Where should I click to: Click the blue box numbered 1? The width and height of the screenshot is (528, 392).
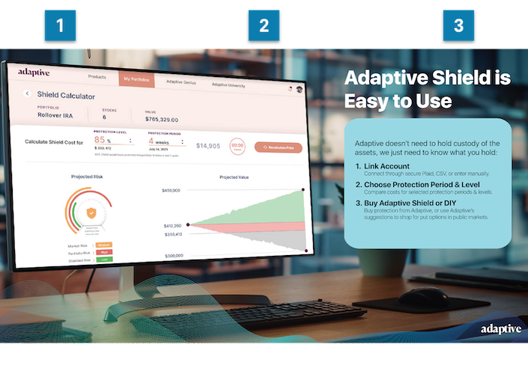tap(61, 25)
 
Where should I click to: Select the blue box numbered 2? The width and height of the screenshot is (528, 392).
tap(264, 25)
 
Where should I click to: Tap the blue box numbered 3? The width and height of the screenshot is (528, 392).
tap(458, 25)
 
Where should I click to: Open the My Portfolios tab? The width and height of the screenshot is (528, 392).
tap(136, 79)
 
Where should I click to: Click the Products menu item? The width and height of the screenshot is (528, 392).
tap(97, 77)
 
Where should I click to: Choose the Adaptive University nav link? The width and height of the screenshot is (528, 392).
tap(228, 85)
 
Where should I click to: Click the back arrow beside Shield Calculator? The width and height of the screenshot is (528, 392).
tap(28, 94)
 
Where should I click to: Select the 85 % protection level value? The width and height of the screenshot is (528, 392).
tap(103, 140)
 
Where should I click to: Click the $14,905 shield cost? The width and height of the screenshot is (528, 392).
tap(208, 146)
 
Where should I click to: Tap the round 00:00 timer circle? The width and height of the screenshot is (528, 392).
tap(237, 146)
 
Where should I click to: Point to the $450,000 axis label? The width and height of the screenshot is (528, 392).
tap(171, 191)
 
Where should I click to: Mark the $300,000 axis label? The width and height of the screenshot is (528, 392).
tap(175, 256)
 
